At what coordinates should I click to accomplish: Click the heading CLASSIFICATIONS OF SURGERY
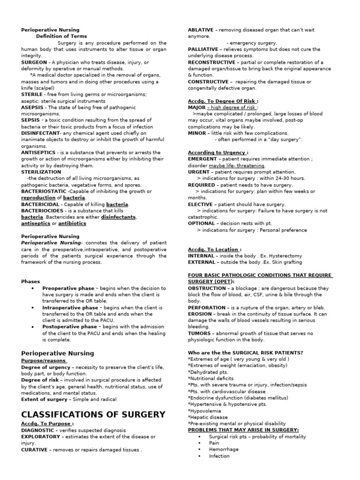(x=93, y=414)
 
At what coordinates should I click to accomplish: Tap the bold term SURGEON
(x=34, y=62)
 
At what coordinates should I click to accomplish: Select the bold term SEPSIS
(x=30, y=120)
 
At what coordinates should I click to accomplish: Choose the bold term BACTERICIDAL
(x=40, y=204)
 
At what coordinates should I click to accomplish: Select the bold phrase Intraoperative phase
(x=70, y=307)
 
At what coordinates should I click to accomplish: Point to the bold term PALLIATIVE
(x=203, y=49)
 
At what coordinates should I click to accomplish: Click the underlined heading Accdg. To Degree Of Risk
(x=222, y=101)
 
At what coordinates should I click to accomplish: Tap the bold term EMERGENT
(x=202, y=159)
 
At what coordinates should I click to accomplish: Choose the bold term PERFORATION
(x=207, y=307)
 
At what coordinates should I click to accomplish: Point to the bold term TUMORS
(x=200, y=333)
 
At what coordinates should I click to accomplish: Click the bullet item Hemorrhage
(x=224, y=449)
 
